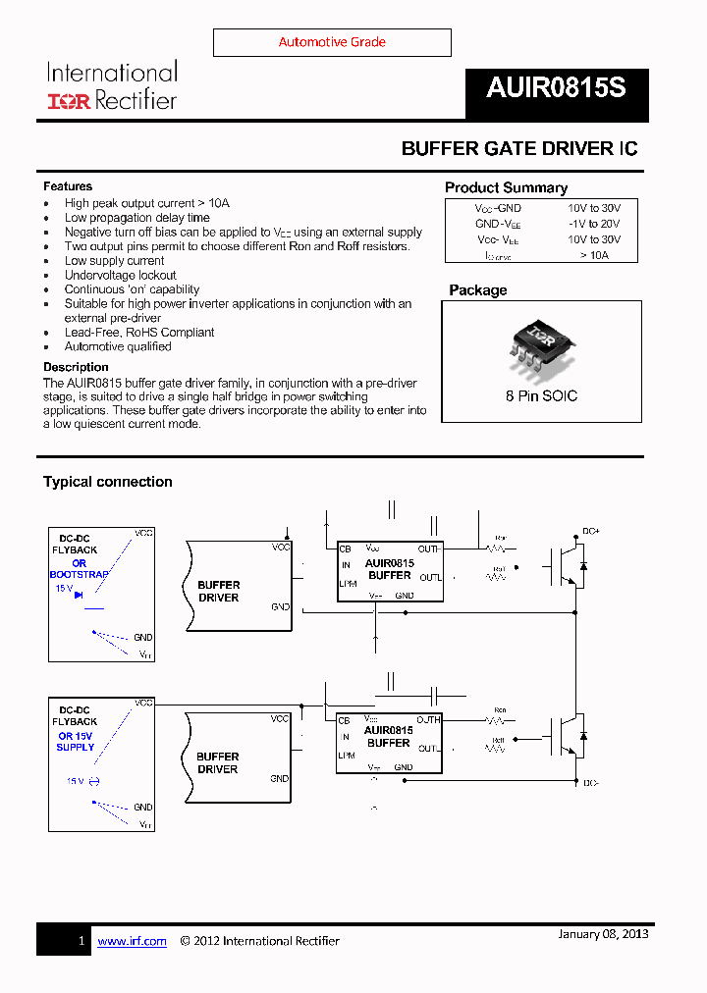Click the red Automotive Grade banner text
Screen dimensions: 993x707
pos(332,42)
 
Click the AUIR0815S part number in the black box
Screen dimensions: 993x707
pos(556,88)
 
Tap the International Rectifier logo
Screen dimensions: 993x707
pos(112,85)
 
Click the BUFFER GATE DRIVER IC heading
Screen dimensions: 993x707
pos(519,148)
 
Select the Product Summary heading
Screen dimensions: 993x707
pos(506,187)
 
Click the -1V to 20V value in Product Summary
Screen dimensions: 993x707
pos(594,224)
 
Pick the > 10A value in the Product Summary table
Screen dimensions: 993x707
pos(594,254)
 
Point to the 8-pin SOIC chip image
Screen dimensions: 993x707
pos(542,344)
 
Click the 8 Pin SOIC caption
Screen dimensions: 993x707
pos(542,396)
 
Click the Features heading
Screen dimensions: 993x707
pos(68,186)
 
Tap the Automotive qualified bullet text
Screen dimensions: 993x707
pos(118,346)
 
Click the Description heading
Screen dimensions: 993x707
pos(76,367)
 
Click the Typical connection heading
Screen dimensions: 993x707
pos(107,482)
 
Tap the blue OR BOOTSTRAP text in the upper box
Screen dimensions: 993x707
pos(79,569)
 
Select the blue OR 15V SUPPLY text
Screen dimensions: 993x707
pos(76,742)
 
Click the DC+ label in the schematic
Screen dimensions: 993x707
pos(590,531)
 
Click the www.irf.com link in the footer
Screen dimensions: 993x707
pos(132,941)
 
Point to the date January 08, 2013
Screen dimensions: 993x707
pos(603,933)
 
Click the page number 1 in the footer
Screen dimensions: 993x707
pos(82,941)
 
